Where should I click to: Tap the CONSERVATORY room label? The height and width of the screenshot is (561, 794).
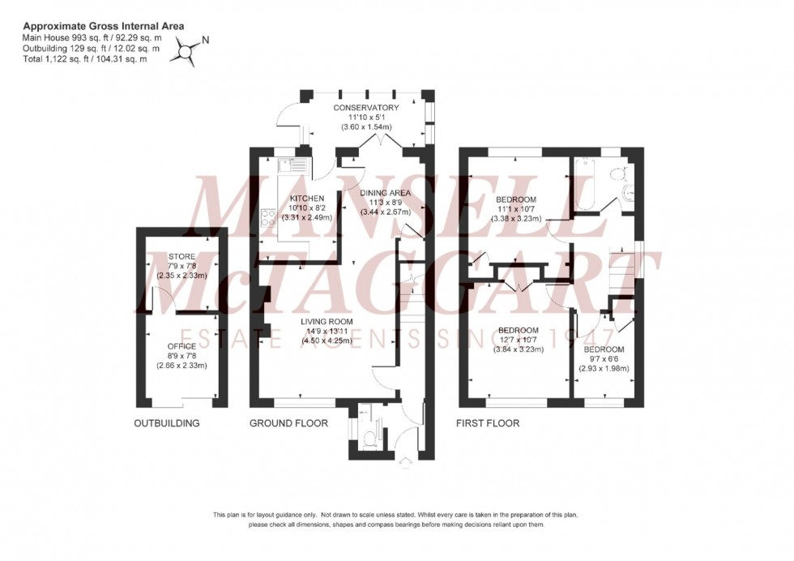point(366,108)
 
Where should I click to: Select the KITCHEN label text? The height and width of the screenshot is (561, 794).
point(303,199)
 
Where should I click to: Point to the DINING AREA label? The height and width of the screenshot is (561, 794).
point(386,193)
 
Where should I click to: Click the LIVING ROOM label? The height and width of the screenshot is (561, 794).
point(327,322)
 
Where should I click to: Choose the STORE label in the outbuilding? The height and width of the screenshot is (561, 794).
point(181,257)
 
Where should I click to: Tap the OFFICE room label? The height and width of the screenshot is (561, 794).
point(181,347)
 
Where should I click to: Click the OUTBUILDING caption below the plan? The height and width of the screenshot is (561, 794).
point(167,423)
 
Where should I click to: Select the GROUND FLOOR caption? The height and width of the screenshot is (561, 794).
point(288,423)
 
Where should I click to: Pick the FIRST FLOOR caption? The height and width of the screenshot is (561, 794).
point(489,423)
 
